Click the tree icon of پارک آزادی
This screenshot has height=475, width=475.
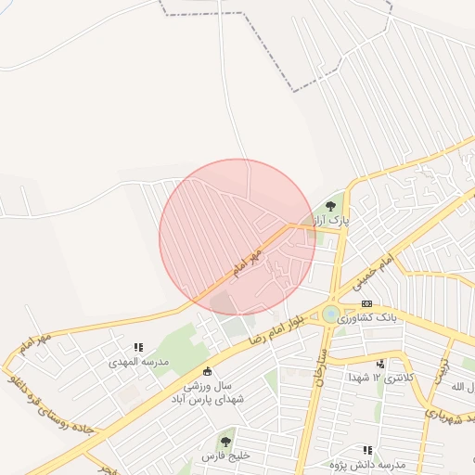(x=331, y=206)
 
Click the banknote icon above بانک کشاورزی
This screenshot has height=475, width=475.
(x=366, y=303)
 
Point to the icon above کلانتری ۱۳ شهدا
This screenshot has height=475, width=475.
(x=380, y=364)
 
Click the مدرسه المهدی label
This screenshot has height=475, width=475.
(x=138, y=361)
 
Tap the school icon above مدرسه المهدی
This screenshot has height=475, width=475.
(x=138, y=347)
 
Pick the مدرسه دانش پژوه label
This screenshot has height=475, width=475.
(x=367, y=463)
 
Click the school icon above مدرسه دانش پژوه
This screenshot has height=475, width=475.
(x=367, y=450)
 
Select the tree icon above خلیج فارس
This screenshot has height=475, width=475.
(x=225, y=442)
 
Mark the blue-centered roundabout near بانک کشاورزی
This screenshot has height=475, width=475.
(x=330, y=314)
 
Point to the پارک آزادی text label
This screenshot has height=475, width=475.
(x=328, y=221)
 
